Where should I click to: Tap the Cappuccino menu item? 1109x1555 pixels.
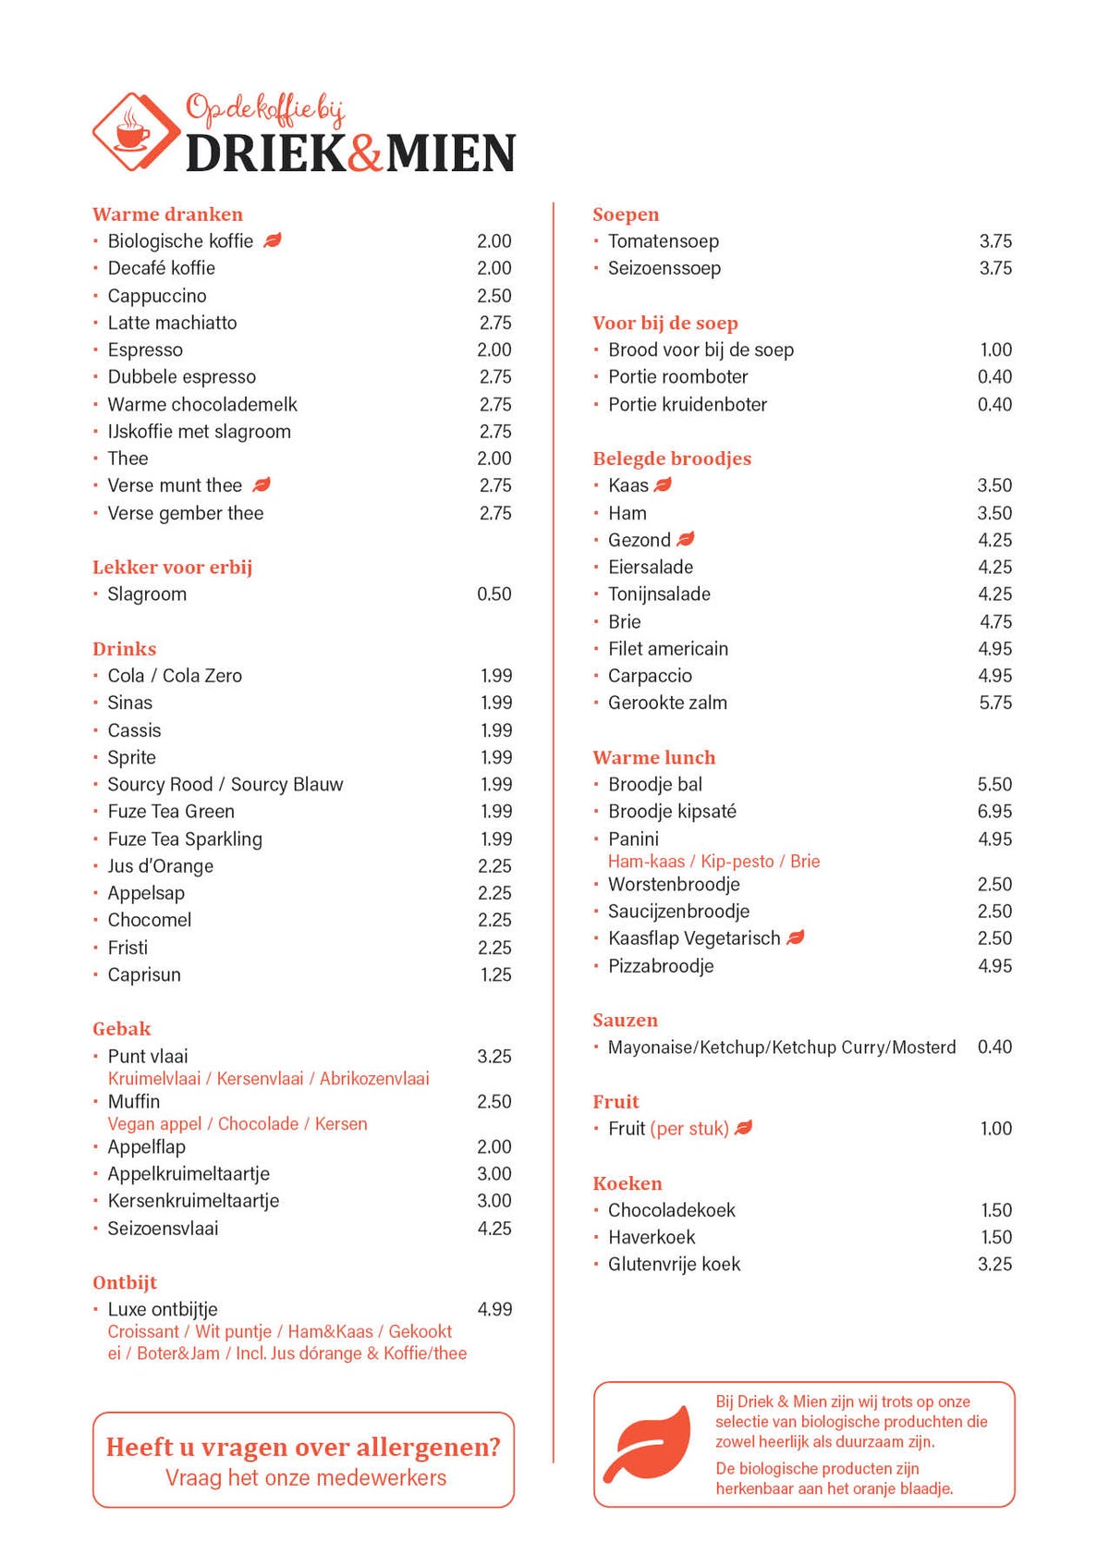click(x=157, y=296)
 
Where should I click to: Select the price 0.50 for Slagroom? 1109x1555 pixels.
click(x=494, y=594)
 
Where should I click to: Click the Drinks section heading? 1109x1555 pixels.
click(x=125, y=649)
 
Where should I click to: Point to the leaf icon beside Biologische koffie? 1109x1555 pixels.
click(x=273, y=240)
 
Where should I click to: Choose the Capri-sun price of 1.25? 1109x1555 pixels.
click(x=495, y=974)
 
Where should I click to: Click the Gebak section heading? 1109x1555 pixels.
click(x=122, y=1029)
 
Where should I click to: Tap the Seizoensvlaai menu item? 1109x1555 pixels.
click(x=163, y=1229)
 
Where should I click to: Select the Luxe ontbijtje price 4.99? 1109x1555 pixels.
click(x=494, y=1309)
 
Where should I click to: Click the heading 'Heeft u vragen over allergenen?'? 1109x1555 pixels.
click(x=303, y=1447)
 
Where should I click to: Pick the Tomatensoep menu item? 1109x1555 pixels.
click(x=663, y=241)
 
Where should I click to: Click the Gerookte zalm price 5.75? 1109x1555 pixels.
click(x=995, y=703)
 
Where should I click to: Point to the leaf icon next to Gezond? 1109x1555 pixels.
click(x=685, y=539)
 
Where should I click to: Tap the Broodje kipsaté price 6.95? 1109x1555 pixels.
click(x=994, y=812)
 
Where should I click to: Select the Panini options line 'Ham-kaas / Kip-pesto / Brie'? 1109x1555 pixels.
click(x=713, y=862)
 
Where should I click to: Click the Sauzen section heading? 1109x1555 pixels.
click(x=626, y=1021)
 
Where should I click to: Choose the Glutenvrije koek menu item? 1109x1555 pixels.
click(x=674, y=1265)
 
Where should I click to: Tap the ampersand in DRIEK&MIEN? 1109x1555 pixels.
click(x=366, y=153)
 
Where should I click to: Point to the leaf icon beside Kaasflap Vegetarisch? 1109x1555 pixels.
click(x=795, y=937)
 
